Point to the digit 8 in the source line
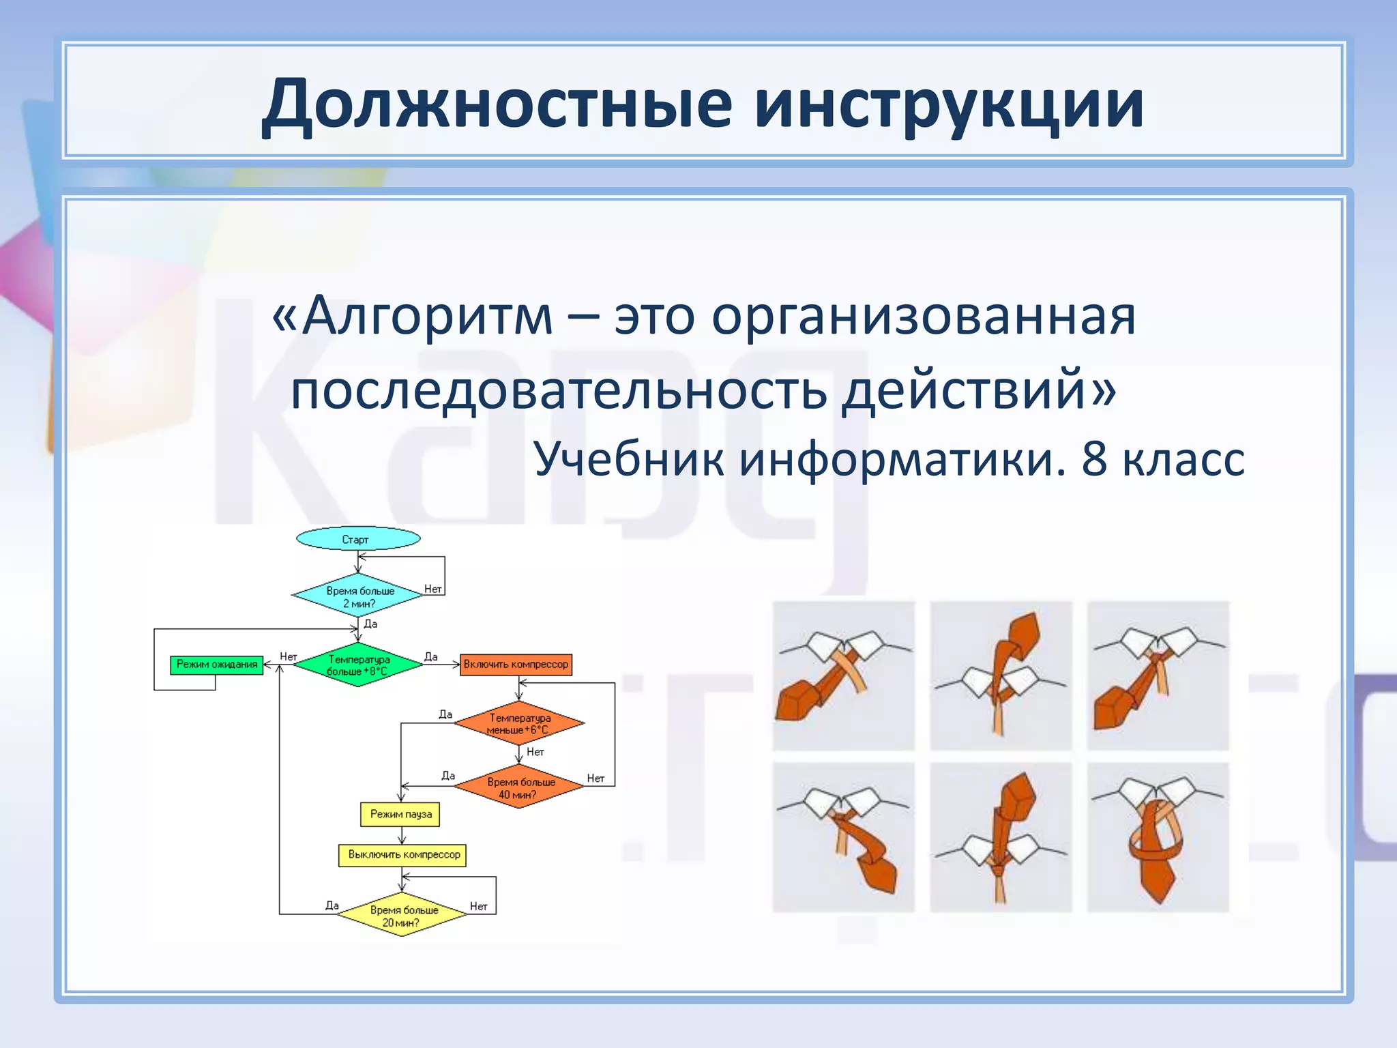(x=1093, y=458)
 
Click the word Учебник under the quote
(x=628, y=458)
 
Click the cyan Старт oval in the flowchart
(x=357, y=539)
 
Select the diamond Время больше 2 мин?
(x=358, y=596)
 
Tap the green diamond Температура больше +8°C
(x=358, y=665)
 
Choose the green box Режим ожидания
(x=216, y=665)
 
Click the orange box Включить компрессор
(x=516, y=665)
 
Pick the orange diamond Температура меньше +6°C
(x=518, y=723)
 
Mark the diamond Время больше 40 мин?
(x=519, y=788)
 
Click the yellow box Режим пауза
(x=400, y=814)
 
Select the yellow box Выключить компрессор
(x=402, y=854)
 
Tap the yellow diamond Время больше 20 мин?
(x=402, y=916)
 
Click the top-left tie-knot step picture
(x=843, y=675)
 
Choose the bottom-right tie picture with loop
(x=1158, y=837)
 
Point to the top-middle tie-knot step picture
(x=1001, y=675)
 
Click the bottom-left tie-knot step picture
(x=843, y=837)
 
